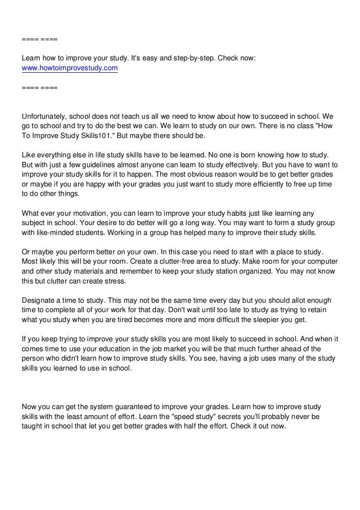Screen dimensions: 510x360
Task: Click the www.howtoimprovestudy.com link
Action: (70, 68)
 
